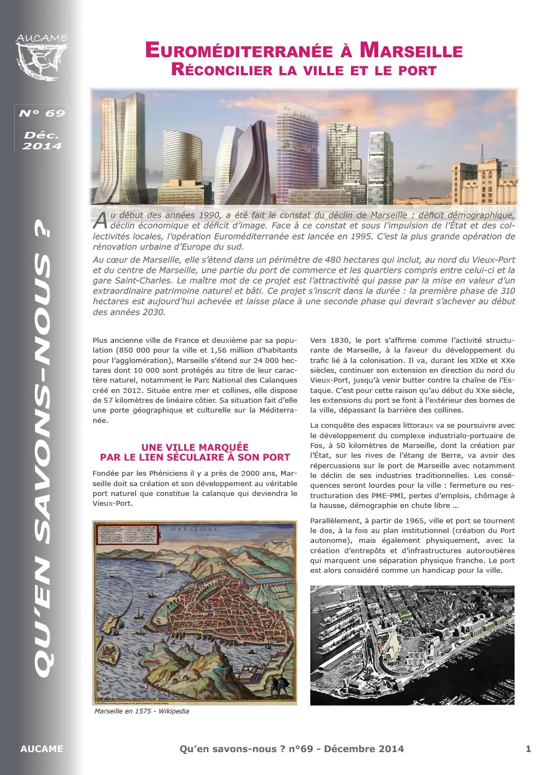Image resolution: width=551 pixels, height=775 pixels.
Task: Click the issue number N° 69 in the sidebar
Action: click(42, 113)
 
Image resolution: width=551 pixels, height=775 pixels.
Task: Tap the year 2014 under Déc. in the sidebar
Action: click(42, 146)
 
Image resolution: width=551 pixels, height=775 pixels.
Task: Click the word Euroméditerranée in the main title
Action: click(239, 51)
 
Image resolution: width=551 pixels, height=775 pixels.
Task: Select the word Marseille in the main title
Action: click(411, 51)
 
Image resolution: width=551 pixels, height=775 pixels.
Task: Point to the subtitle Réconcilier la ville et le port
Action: click(304, 70)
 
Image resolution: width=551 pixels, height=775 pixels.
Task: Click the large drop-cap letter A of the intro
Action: click(100, 220)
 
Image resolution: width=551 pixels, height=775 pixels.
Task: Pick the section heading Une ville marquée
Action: click(195, 447)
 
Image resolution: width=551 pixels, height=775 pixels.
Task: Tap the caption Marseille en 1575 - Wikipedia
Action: click(142, 711)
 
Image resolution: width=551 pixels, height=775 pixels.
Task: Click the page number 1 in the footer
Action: click(528, 749)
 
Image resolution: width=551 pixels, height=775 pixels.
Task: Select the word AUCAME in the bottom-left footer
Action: click(41, 749)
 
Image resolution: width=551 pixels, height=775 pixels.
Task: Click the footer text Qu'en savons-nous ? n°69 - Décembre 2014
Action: click(292, 749)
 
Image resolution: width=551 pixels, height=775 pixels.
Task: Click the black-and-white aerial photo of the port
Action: click(412, 645)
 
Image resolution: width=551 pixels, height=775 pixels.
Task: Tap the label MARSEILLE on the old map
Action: click(195, 529)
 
